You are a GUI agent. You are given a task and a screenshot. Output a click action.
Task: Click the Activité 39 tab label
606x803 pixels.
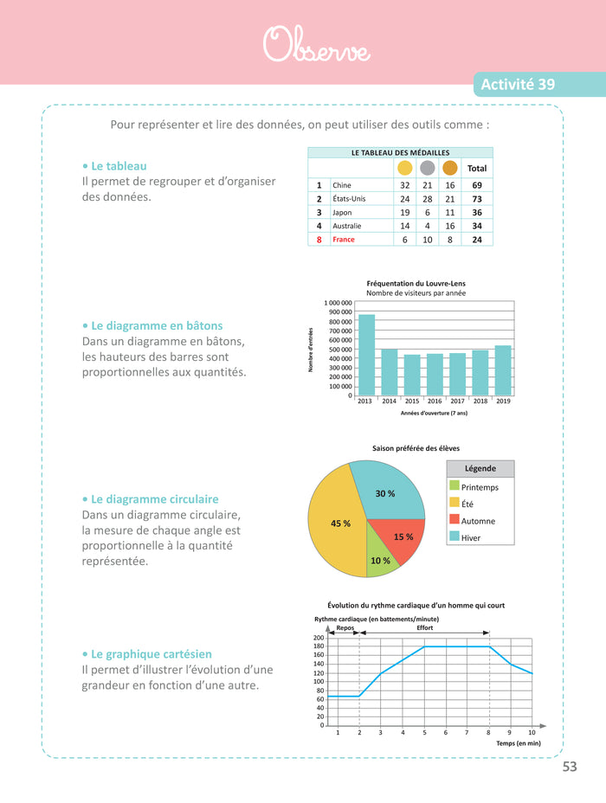(518, 85)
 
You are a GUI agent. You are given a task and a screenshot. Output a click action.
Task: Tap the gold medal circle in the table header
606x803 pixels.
(404, 168)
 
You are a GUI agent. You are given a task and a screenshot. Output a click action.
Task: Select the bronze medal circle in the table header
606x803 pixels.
(449, 168)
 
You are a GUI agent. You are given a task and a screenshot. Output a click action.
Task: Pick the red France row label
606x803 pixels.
(344, 240)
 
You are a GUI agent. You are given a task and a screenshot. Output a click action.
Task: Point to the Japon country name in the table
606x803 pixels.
(343, 213)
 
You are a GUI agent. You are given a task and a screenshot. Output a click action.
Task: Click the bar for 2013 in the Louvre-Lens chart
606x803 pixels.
(366, 355)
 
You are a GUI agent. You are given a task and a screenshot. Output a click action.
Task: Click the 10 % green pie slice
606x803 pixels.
(379, 554)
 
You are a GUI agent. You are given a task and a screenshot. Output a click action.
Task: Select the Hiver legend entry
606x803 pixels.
(472, 538)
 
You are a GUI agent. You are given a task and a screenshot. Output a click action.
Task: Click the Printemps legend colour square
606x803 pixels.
(454, 487)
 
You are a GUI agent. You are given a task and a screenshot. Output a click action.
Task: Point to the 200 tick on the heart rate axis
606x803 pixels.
(319, 638)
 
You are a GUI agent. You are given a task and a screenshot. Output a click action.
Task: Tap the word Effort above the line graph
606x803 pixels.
(425, 628)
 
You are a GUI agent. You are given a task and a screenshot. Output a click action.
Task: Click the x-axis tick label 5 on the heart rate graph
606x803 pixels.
(424, 733)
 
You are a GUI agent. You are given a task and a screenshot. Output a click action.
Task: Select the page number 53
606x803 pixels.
(570, 768)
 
